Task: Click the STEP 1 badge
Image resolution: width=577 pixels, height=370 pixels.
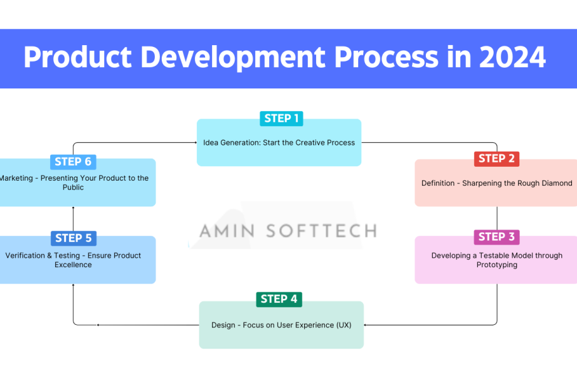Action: point(282,119)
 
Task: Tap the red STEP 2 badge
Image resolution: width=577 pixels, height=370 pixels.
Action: point(496,159)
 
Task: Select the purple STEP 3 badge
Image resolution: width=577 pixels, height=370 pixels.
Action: point(496,236)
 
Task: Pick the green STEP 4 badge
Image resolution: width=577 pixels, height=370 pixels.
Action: point(279,299)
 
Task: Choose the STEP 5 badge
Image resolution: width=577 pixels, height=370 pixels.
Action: point(73,238)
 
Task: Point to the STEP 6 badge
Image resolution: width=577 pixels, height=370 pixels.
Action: point(73,162)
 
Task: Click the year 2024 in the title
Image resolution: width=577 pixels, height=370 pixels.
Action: point(512,58)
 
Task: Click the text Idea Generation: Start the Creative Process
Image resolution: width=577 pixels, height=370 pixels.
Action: point(279,142)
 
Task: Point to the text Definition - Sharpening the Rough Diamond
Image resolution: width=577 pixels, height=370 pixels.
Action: point(497,183)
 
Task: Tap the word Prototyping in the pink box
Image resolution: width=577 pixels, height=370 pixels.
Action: point(497,265)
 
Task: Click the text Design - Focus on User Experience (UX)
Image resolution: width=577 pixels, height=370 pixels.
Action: point(281,325)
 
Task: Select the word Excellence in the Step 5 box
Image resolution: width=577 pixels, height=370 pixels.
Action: point(73,265)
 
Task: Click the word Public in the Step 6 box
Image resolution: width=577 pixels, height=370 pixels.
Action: point(73,188)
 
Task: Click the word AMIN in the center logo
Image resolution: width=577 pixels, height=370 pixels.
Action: point(227,231)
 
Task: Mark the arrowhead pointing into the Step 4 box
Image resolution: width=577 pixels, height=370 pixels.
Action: point(366,325)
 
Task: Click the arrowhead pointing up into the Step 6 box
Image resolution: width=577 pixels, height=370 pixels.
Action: point(73,209)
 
